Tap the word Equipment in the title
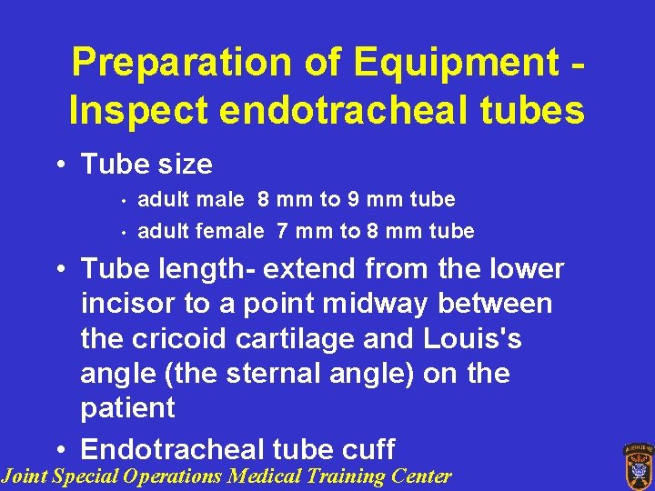click(454, 63)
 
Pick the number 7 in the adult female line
click(283, 231)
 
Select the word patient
click(127, 407)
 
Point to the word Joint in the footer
click(25, 476)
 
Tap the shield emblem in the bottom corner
click(637, 466)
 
